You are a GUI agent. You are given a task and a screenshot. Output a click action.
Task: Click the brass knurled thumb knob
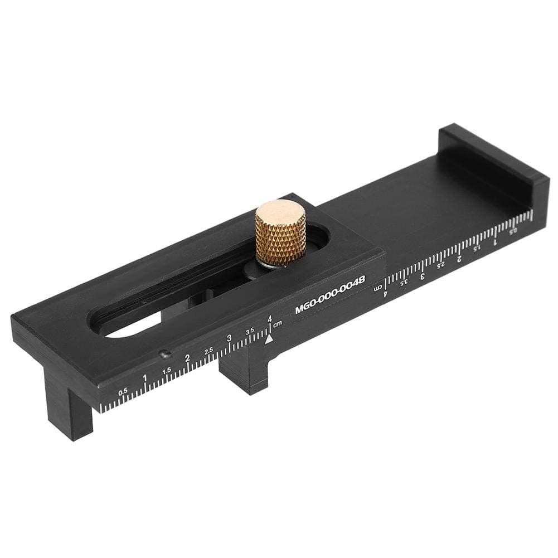[281, 231]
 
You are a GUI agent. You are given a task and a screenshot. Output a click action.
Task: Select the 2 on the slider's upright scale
[187, 358]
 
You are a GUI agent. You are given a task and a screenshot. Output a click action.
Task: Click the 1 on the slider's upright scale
[144, 378]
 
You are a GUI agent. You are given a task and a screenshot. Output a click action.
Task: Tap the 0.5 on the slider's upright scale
[123, 391]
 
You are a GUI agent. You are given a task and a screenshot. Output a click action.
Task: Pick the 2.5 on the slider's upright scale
[208, 351]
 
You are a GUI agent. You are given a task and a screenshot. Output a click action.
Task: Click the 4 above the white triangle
[270, 319]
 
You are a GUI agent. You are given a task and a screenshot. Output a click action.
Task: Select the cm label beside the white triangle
[277, 324]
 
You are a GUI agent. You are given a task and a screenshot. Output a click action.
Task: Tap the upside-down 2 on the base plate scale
[459, 259]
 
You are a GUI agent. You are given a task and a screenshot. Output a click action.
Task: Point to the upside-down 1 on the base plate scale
[495, 241]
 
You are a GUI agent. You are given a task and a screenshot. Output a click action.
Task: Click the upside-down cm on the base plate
[377, 288]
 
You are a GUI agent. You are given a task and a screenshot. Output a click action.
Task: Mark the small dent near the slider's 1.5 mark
[163, 353]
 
